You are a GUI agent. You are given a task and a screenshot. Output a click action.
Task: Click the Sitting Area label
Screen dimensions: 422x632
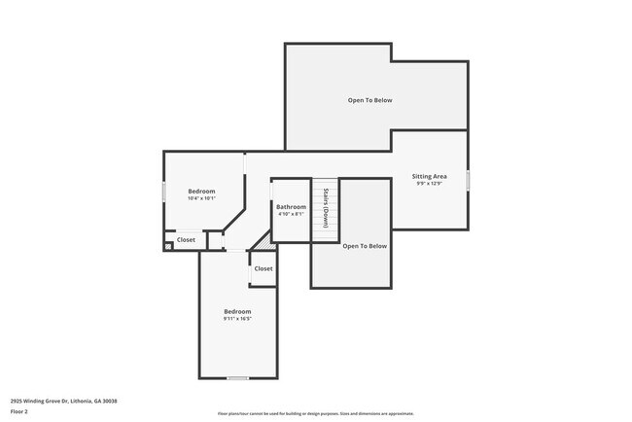click(429, 176)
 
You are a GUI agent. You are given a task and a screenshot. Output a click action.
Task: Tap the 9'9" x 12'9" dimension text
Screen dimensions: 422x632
click(429, 184)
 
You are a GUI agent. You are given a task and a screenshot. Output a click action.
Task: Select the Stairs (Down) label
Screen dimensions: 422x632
click(325, 206)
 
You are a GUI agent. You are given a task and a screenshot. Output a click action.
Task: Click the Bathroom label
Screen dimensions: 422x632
click(291, 206)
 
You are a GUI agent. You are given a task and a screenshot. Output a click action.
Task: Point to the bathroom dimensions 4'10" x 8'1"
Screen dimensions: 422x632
click(291, 214)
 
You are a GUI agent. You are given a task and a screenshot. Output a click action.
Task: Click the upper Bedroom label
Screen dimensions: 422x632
click(201, 192)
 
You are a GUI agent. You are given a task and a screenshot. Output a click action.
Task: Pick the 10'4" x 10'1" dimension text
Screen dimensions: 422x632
click(201, 199)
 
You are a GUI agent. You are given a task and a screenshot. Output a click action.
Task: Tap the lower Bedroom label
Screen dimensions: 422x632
click(237, 311)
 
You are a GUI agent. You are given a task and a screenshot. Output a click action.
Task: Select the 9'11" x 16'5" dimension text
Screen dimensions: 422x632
click(237, 319)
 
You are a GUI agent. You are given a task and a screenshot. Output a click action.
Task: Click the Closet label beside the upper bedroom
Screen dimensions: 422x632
click(186, 239)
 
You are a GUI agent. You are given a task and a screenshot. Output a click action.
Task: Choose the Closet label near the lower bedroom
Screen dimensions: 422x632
click(263, 268)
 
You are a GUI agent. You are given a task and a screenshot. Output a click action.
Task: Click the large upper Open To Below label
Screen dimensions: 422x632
click(370, 100)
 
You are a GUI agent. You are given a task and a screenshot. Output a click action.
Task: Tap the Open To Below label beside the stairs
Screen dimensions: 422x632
click(365, 246)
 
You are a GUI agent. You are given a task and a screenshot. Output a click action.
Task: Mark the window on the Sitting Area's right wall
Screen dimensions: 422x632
click(468, 181)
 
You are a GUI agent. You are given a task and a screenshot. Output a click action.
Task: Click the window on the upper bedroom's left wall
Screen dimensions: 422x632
click(163, 192)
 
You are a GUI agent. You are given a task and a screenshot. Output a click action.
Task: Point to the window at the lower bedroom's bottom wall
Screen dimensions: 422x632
click(237, 377)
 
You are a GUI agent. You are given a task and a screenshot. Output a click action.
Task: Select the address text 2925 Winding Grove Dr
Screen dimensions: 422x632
click(62, 401)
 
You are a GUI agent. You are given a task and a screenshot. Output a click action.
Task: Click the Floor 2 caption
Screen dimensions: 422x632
click(19, 411)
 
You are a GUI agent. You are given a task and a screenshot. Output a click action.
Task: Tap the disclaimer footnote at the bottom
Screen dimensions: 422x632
click(315, 413)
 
